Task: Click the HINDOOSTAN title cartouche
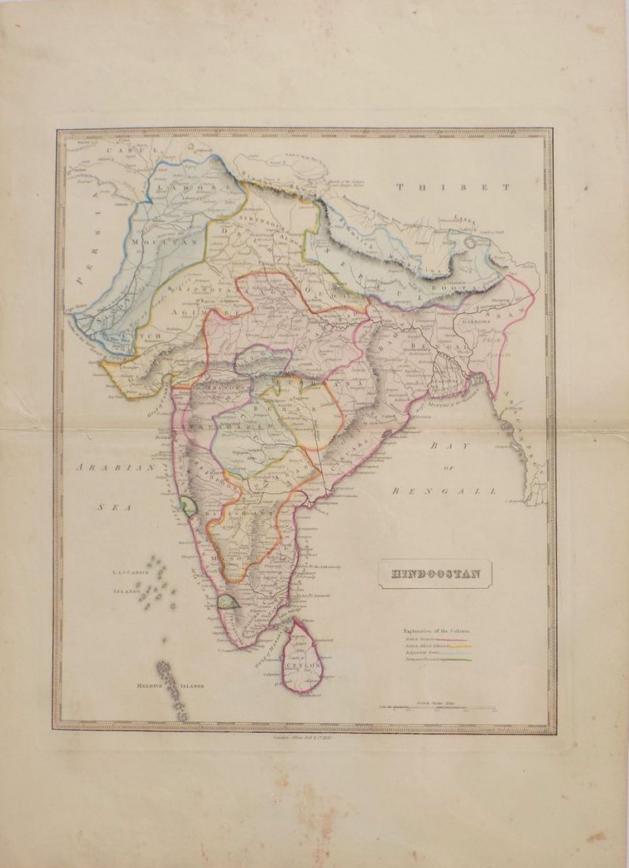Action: (x=434, y=574)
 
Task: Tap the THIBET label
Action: (x=454, y=187)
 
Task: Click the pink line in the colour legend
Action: (x=455, y=639)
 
